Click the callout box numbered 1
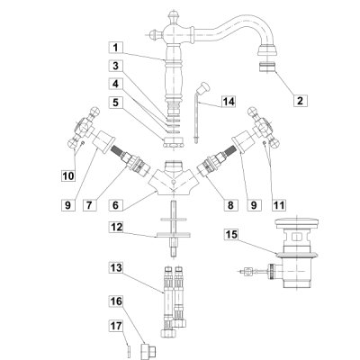click(116, 48)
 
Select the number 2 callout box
click(301, 100)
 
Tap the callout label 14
click(229, 102)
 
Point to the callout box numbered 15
click(231, 235)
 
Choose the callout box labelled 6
click(116, 205)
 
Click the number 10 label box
click(68, 175)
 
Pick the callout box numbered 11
click(279, 205)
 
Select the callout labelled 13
click(116, 267)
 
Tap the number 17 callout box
click(116, 326)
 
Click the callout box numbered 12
click(116, 227)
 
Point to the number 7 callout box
click(89, 205)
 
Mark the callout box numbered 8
click(230, 205)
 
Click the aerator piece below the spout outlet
click(266, 67)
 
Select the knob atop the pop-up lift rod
click(205, 86)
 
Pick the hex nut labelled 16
click(148, 350)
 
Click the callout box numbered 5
click(116, 103)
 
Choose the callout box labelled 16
click(116, 301)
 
